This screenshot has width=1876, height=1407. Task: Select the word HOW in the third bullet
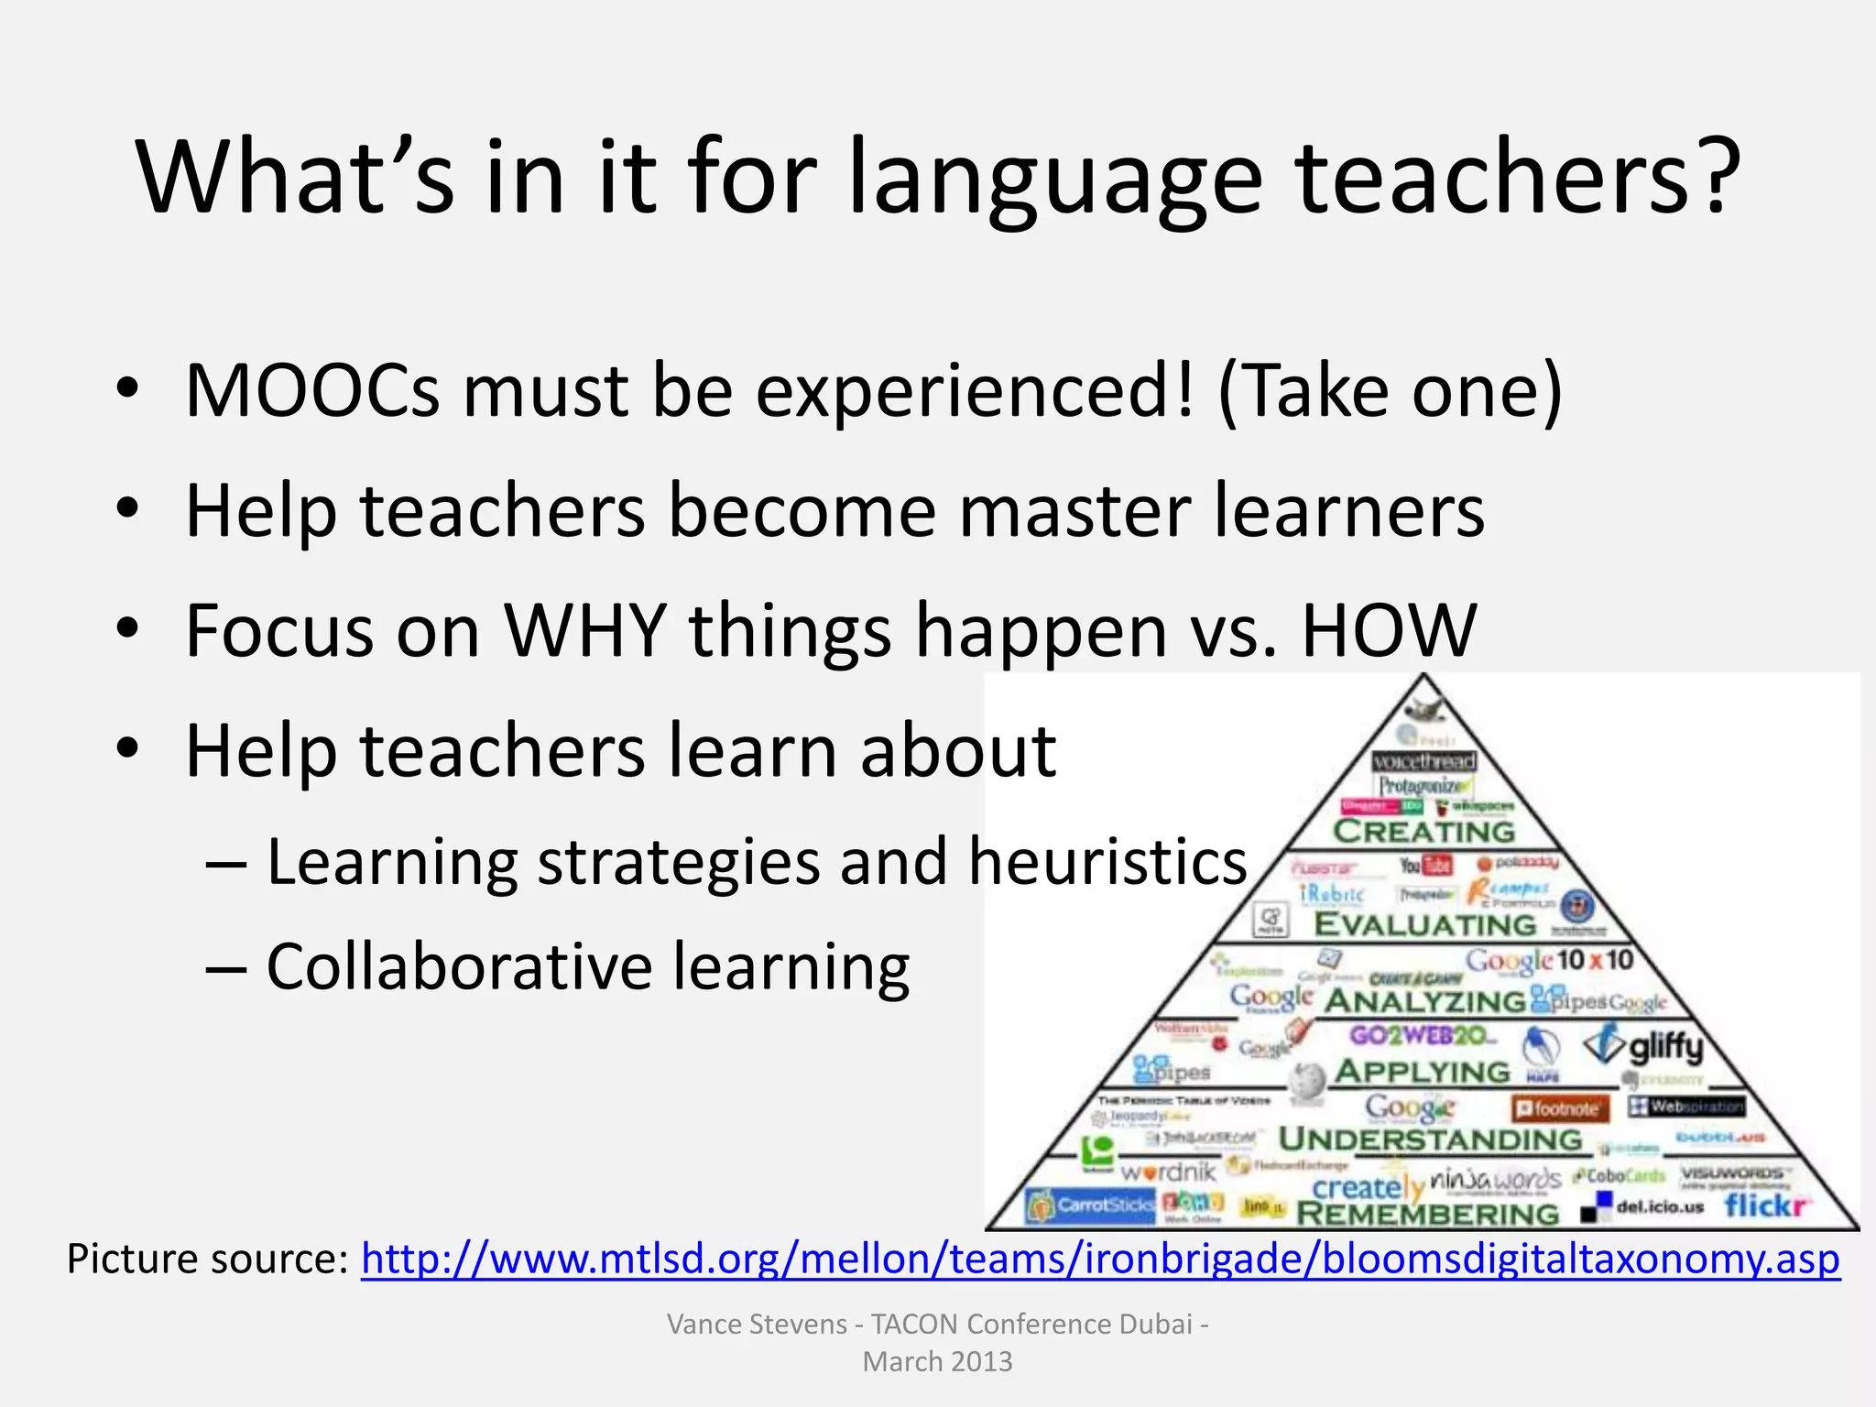pos(1389,630)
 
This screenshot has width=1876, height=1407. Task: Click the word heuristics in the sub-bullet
pos(1108,863)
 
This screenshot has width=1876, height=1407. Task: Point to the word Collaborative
pos(458,967)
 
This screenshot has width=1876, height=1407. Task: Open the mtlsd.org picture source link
pos(1099,1260)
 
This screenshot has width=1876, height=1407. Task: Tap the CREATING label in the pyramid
pos(1424,832)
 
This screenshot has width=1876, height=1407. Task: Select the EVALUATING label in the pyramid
pos(1424,925)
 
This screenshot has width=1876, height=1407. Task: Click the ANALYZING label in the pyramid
pos(1424,1001)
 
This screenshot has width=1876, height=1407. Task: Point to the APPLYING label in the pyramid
pos(1423,1071)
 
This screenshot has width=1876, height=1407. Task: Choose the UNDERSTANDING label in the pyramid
pos(1430,1140)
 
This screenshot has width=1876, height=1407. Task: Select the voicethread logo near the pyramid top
pos(1424,761)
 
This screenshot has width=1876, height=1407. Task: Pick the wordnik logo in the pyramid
pos(1168,1172)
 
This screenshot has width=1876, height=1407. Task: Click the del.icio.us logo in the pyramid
pos(1658,1207)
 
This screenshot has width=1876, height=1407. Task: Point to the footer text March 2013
pos(937,1362)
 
